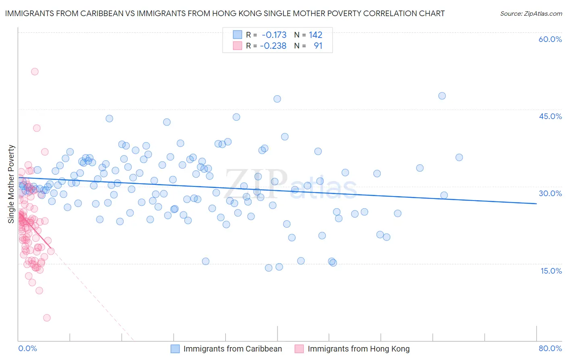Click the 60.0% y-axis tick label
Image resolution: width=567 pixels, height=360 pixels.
pos(550,39)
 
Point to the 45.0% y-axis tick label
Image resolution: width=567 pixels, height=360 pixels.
pos(550,116)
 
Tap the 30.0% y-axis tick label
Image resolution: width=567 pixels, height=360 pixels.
pos(550,193)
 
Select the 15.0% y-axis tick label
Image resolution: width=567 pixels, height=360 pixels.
pos(551,270)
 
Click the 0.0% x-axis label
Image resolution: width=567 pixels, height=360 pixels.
pos(27,348)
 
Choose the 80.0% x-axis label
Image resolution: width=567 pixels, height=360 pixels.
pos(550,348)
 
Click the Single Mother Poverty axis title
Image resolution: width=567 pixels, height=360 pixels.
pos(11,184)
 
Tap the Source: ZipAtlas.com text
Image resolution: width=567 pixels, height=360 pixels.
pos(531,13)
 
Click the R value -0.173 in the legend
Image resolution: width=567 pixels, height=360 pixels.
pos(274,35)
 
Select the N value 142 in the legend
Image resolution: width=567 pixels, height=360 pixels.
pos(315,35)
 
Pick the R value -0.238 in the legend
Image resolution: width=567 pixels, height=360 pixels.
pos(273,46)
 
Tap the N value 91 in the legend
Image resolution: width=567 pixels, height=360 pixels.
pos(318,46)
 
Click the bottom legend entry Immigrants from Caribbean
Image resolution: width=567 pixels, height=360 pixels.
pos(232,349)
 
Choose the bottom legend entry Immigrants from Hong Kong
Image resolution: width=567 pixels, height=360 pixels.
pos(358,349)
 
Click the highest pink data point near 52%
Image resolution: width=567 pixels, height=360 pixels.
pos(35,71)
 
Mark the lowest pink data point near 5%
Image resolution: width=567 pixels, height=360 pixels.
pos(47,318)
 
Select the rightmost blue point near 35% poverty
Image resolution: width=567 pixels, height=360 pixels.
pos(459,157)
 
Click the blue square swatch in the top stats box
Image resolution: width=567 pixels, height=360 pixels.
pos(238,35)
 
